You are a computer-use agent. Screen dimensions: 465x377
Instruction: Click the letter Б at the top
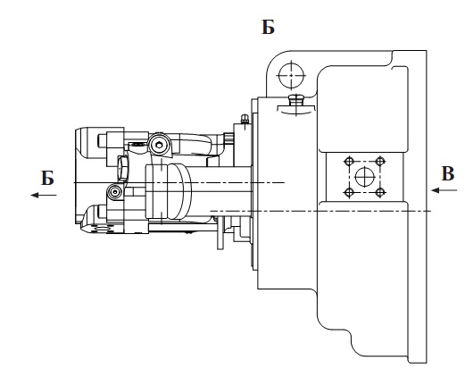(x=268, y=27)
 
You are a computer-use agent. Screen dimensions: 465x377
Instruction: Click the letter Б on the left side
(x=47, y=178)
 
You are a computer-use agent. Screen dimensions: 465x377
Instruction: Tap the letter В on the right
(x=448, y=173)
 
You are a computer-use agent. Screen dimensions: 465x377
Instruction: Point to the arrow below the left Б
(x=44, y=195)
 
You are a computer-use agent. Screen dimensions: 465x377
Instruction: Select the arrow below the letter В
(x=444, y=190)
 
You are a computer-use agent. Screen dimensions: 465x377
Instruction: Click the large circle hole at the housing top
(x=291, y=75)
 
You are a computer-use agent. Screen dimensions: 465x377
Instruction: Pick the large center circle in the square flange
(x=364, y=177)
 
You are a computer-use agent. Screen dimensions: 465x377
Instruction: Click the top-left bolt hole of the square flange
(x=349, y=162)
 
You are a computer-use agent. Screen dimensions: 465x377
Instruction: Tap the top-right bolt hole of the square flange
(x=379, y=162)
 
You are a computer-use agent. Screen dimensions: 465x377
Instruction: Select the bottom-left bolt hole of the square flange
(x=349, y=193)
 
